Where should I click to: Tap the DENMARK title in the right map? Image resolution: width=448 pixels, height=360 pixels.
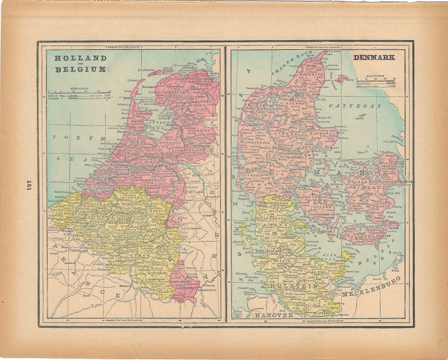(x=374, y=57)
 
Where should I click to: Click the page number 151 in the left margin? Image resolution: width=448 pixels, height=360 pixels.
(x=28, y=186)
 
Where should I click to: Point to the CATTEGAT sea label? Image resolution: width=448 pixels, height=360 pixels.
(x=354, y=105)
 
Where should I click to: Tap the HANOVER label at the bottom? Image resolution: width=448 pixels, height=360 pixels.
(x=276, y=316)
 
